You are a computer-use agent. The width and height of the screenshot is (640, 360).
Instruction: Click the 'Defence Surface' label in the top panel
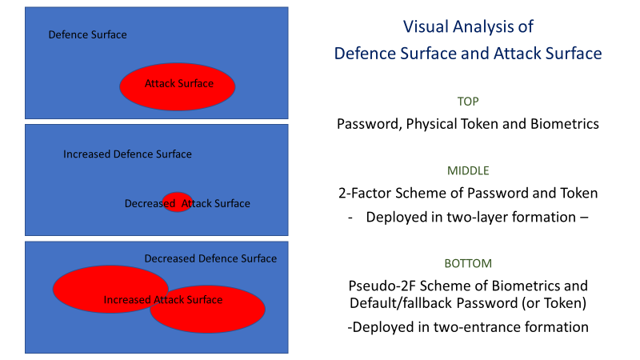coord(87,34)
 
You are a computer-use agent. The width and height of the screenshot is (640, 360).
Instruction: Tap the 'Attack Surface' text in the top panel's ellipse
coord(178,84)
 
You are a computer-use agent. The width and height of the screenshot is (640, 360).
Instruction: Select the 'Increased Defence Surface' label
coord(127,154)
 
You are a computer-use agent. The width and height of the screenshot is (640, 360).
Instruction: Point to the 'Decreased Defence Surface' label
coord(210,258)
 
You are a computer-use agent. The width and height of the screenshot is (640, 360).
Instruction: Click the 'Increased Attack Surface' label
coord(163,300)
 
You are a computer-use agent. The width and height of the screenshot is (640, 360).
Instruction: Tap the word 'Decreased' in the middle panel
coord(150,203)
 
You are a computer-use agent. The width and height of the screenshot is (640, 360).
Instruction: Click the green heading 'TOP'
coord(468,102)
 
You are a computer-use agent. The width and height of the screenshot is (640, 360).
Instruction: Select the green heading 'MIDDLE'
coord(468,170)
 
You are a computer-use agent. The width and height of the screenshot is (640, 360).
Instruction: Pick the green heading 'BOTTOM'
coord(468,263)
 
